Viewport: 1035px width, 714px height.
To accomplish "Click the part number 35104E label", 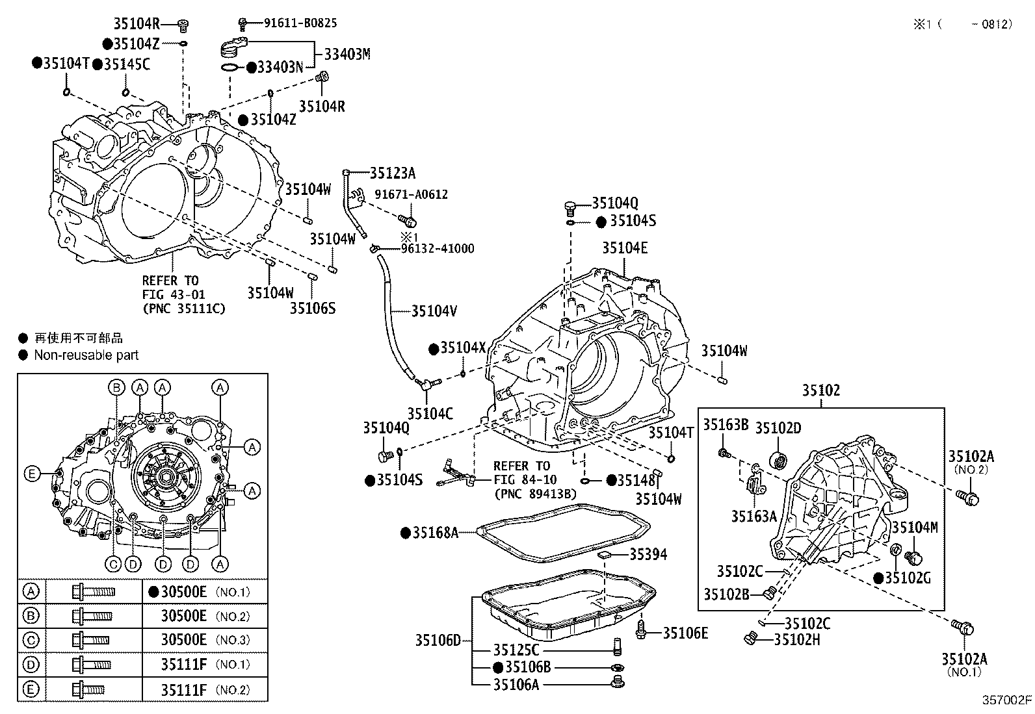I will click(x=624, y=248).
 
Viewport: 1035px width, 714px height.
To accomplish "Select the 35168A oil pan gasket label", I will click(x=435, y=533).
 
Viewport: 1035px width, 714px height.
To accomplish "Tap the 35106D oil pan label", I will click(x=438, y=641).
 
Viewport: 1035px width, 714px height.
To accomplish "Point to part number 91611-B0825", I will click(x=300, y=23).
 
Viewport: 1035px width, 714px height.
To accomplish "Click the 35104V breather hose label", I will click(x=434, y=311).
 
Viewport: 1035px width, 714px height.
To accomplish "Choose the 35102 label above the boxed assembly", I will click(x=820, y=390).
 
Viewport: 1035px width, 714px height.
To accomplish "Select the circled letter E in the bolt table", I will click(x=31, y=689).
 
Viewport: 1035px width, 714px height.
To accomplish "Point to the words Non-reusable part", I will click(x=86, y=355).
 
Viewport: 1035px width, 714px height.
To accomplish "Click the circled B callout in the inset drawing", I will click(x=116, y=388).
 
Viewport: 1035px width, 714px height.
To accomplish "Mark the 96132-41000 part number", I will click(x=437, y=248).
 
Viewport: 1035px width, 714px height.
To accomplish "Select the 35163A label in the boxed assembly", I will click(x=753, y=516).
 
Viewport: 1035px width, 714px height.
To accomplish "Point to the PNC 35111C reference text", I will click(x=184, y=309).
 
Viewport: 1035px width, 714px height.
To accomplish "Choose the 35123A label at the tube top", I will click(x=392, y=173).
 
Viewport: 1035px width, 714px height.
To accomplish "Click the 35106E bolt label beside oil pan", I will click(x=685, y=633).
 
